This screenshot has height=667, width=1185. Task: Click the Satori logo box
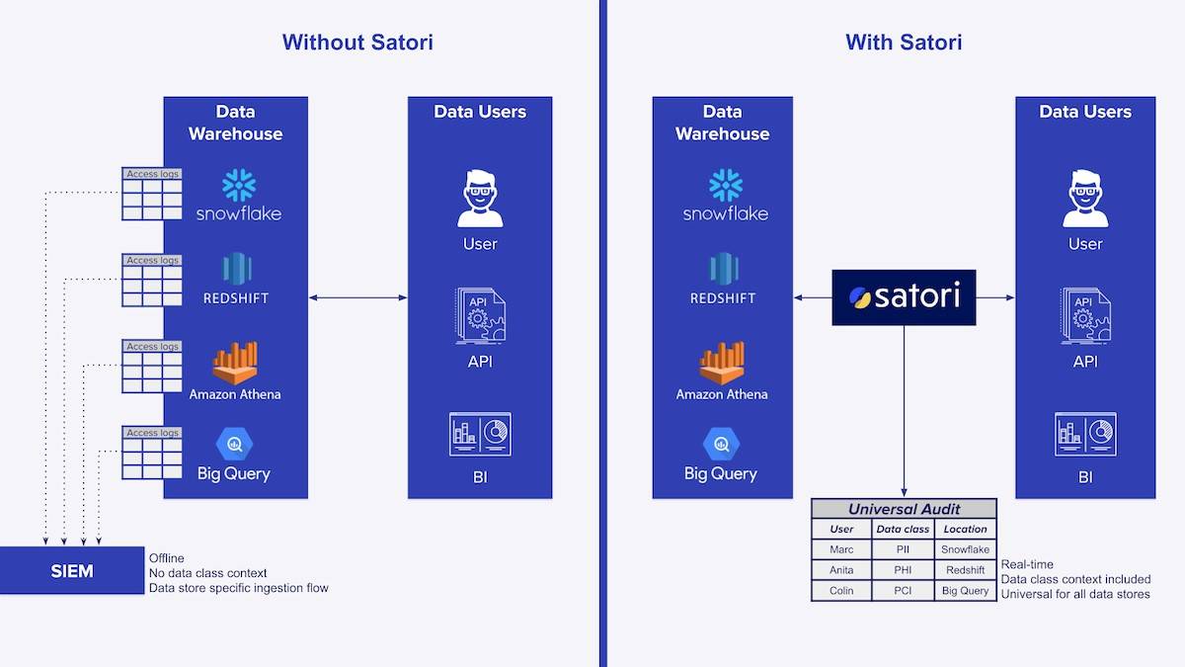[x=904, y=296]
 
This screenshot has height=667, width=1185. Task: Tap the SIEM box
[x=71, y=570]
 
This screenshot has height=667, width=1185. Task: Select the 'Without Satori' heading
[x=357, y=42]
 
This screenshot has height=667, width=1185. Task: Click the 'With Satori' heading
[x=904, y=42]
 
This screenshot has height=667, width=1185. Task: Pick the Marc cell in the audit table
[x=842, y=549]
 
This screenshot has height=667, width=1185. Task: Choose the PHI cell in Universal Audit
[x=903, y=570]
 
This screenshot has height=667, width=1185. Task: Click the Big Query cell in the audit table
[x=965, y=591]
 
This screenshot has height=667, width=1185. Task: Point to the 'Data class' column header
[x=903, y=529]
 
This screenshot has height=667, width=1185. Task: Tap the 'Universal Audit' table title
[x=904, y=509]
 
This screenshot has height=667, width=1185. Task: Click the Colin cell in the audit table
[x=842, y=591]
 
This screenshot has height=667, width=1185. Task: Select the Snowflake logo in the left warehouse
[x=239, y=186]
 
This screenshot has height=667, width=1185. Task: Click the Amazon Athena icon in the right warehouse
[x=722, y=364]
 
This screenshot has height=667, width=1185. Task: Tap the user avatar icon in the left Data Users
[x=480, y=199]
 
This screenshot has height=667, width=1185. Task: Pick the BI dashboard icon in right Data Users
[x=1085, y=434]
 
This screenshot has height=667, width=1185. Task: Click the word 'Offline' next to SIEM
[x=166, y=558]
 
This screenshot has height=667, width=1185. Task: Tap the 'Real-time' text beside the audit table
[x=1027, y=565]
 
